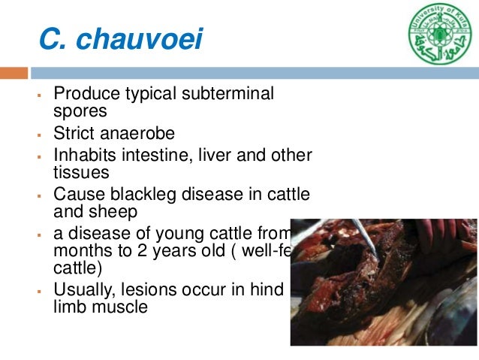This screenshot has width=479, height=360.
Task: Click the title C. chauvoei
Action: pyautogui.click(x=121, y=38)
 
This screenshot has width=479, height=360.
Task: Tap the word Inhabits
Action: pyautogui.click(x=84, y=156)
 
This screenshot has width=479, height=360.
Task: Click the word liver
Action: pyautogui.click(x=212, y=156)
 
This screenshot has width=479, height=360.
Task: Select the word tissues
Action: pyautogui.click(x=81, y=173)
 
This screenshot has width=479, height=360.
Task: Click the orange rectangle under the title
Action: pyautogui.click(x=14, y=73)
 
